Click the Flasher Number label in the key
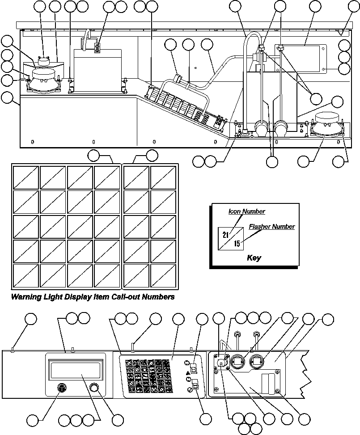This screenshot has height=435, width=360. point(272,227)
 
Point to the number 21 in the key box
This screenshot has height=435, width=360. point(226,235)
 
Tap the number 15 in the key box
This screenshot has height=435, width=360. point(237,244)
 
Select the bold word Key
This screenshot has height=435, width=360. point(254,258)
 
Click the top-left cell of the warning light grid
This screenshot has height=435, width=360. point(25,177)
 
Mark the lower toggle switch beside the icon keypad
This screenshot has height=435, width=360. point(196,384)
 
